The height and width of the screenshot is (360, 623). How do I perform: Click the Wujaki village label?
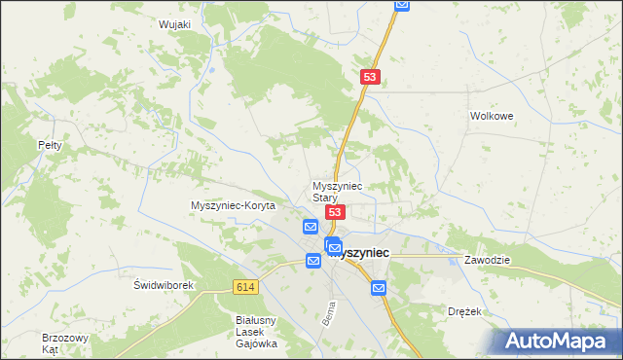pos(173,24)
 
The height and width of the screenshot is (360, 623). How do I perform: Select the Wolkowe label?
pos(491,115)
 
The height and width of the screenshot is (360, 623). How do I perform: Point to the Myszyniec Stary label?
pos(337,191)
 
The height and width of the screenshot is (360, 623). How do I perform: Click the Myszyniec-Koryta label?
pos(234,206)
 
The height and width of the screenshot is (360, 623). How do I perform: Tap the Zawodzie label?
pos(488,261)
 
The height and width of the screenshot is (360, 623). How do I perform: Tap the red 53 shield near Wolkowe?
pos(369,76)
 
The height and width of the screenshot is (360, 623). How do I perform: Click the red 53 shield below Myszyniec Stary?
pos(335,212)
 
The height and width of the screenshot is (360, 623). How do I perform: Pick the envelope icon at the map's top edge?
pos(402,5)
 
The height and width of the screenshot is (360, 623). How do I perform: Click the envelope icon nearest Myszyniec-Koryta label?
pos(311,227)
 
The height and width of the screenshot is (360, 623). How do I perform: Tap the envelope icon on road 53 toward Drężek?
pos(378,287)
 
